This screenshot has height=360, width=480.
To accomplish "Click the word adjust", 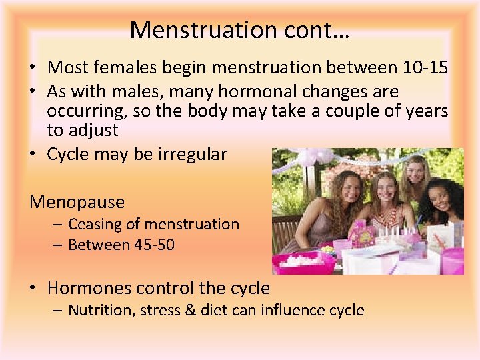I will (91, 130).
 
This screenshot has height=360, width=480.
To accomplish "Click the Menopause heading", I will (77, 201).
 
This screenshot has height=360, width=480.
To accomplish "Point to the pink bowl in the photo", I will (304, 262).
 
